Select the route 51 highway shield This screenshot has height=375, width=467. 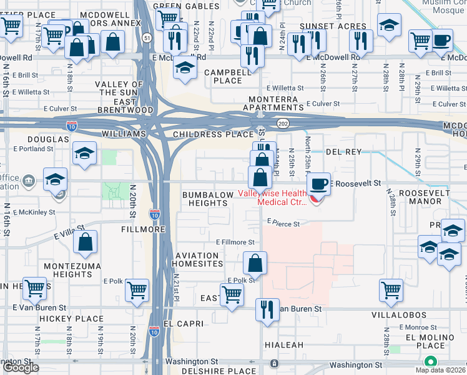[x=146, y=38]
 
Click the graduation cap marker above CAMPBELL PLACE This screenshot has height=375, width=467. [x=185, y=68]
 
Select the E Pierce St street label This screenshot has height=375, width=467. [x=283, y=222]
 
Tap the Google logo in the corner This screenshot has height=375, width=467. [x=21, y=367]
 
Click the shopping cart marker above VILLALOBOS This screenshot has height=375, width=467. [x=391, y=290]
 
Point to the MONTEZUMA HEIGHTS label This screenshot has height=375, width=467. [x=68, y=270]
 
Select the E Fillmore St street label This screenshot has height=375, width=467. [x=235, y=242]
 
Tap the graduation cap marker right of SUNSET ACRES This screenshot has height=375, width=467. [x=390, y=25]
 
